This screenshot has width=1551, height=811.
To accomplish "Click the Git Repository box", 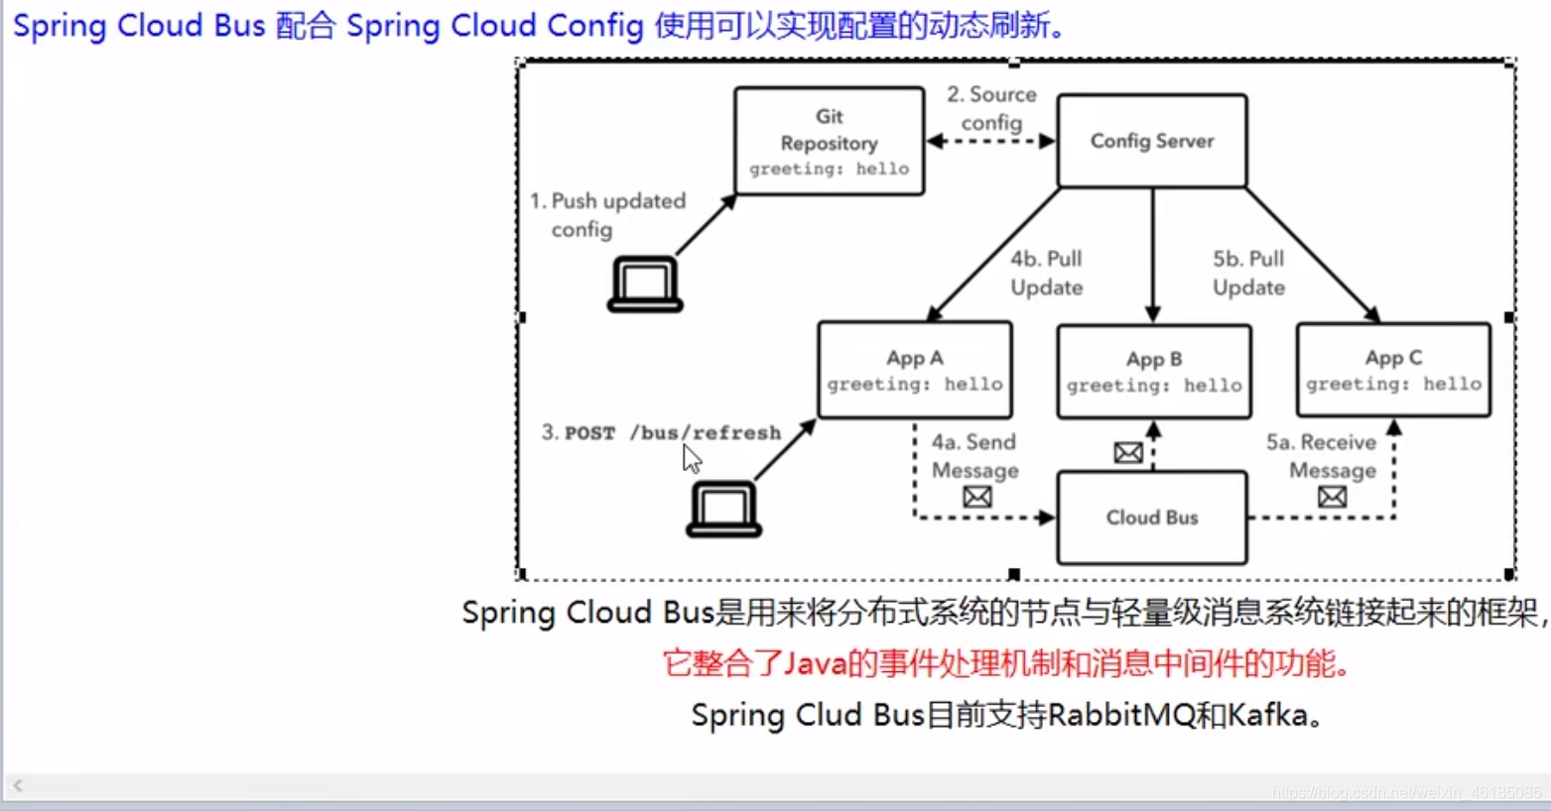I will point(829,141).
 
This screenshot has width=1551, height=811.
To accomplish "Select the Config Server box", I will point(1151,141).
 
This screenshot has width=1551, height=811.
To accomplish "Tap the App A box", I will point(914,370).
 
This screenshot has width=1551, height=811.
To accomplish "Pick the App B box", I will point(1153,371).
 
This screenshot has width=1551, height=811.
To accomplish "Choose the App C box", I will point(1392,370).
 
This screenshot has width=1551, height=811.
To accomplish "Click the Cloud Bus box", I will point(1151,518).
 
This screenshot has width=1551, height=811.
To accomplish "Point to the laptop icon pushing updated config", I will point(645,285).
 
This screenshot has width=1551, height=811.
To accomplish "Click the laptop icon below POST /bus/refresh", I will point(723,509).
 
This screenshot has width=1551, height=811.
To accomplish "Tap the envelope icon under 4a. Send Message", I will point(977,497).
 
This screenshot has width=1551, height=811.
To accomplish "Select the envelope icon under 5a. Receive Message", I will point(1332,497).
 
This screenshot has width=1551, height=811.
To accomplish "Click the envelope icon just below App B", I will point(1128,453).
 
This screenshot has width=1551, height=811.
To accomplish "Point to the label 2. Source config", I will point(991,108).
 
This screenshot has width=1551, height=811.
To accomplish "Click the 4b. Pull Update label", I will point(1046,273).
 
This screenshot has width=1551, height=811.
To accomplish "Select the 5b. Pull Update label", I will point(1248,273).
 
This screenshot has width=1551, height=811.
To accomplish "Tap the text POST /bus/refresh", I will point(672,433).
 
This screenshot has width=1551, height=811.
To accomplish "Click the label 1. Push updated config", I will point(607,214).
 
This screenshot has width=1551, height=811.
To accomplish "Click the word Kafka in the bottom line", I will point(1267,715).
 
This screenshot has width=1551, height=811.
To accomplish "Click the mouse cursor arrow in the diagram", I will point(692,459).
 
